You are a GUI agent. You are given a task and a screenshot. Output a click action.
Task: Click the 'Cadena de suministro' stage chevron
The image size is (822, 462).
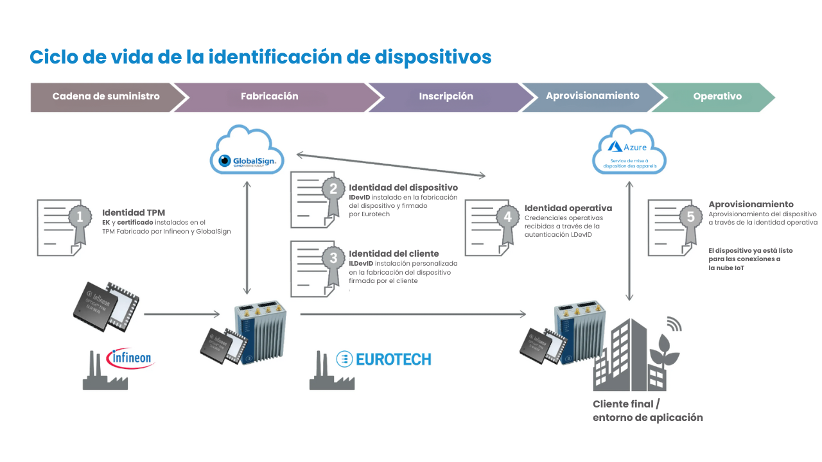click(x=106, y=96)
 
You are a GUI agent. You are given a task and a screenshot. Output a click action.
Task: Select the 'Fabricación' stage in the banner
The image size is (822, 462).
click(x=270, y=96)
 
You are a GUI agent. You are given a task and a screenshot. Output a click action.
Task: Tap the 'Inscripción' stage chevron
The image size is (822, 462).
click(x=446, y=96)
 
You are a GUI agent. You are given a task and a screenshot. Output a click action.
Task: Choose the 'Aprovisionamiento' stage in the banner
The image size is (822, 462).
click(x=592, y=96)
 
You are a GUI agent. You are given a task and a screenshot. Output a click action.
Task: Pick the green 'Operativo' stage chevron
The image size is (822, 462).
click(x=717, y=96)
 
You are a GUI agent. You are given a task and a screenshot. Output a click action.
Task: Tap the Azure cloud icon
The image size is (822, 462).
click(x=629, y=151)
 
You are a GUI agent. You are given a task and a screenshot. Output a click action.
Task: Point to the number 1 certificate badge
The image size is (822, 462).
click(x=80, y=218)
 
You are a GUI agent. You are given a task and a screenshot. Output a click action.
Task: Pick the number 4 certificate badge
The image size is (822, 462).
click(x=507, y=218)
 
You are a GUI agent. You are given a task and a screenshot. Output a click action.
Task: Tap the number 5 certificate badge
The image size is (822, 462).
click(x=691, y=218)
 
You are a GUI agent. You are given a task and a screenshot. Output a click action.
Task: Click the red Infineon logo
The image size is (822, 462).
click(x=130, y=357)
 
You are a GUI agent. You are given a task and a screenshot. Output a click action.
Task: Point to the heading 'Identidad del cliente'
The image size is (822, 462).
click(x=394, y=253)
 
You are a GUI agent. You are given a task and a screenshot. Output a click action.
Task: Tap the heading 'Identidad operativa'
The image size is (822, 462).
click(x=568, y=208)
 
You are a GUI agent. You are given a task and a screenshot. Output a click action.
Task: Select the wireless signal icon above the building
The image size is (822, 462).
click(x=673, y=323)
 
